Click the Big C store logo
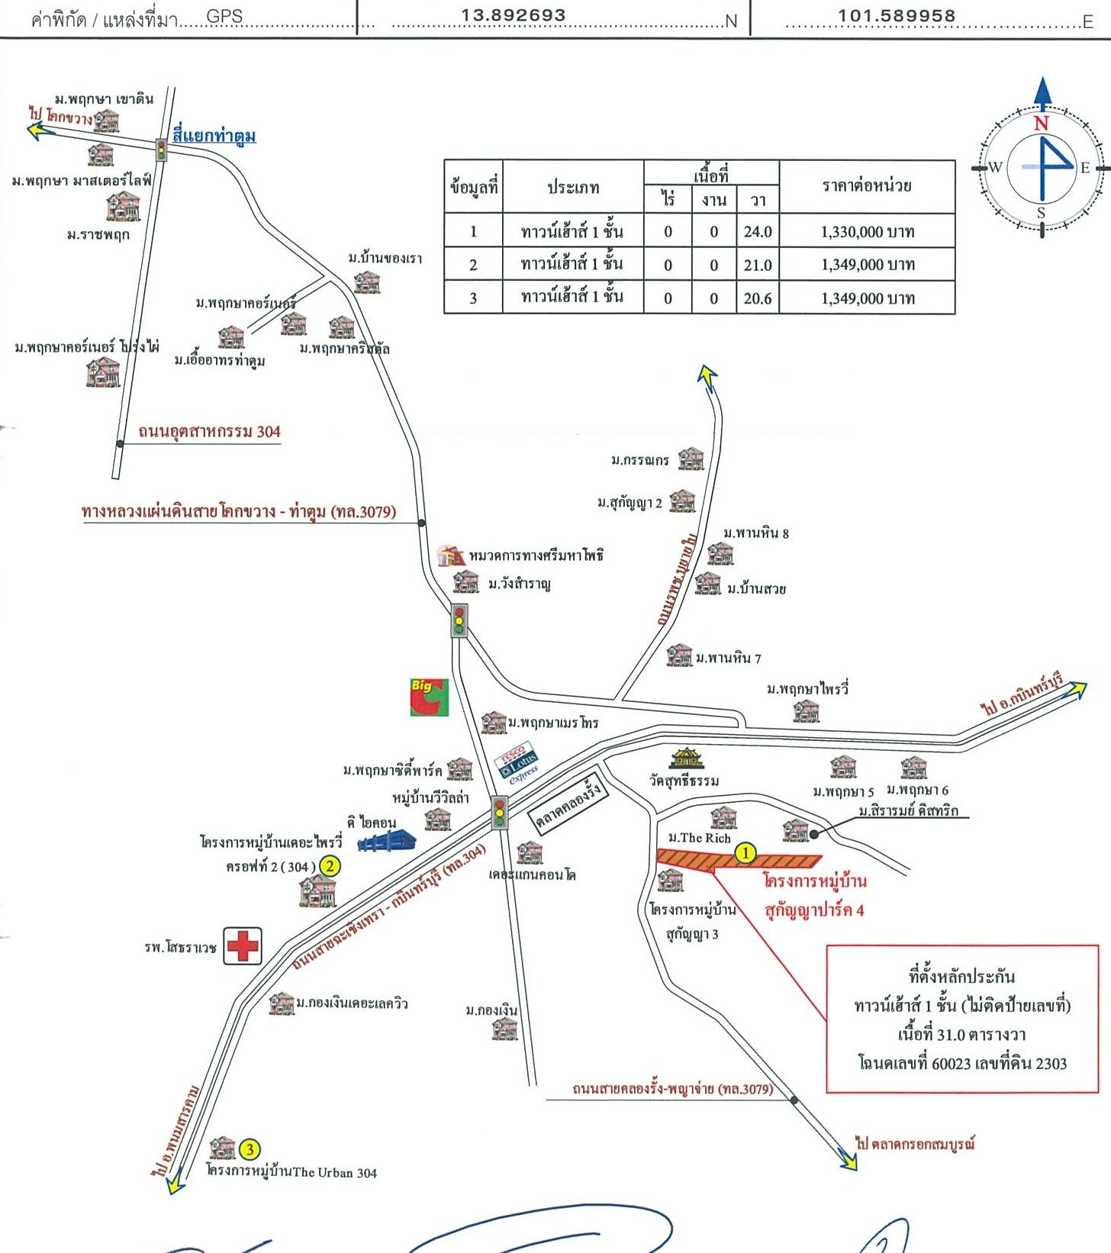pos(429,697)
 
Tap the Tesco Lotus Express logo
pos(519,762)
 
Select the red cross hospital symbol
pos(243,946)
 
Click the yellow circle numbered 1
pos(745,853)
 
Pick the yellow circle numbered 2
pos(330,865)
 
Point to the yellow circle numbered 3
pos(250,1149)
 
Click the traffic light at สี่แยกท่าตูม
pos(161,150)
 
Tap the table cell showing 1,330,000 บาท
pos(867,231)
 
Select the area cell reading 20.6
pos(757,298)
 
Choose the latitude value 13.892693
pos(514,15)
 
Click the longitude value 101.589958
pos(897,15)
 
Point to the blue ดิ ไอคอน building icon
pos(388,842)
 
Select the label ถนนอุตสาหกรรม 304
pos(209,432)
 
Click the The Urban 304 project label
pos(292,1172)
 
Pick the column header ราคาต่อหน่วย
pos(867,185)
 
